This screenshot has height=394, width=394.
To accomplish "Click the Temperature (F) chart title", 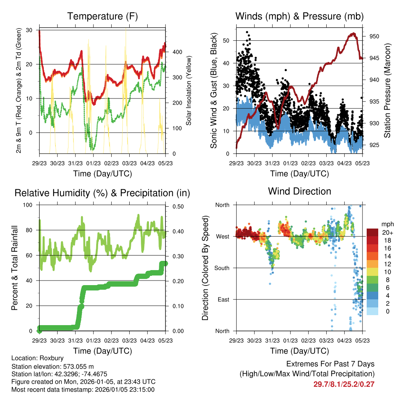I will [102, 16].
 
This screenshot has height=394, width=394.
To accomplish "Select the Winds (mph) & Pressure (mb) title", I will [299, 16].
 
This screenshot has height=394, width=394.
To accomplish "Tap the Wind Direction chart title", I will [299, 191].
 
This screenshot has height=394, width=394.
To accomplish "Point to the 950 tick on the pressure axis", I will [374, 36].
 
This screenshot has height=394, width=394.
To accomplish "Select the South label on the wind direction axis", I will [222, 268].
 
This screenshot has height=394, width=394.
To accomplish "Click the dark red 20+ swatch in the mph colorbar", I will [372, 232].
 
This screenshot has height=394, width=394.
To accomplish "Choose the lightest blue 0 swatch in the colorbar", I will [372, 312].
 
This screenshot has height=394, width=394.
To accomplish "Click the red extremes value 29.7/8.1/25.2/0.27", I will [344, 384].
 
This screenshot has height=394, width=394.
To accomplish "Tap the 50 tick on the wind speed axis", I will [226, 40].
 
